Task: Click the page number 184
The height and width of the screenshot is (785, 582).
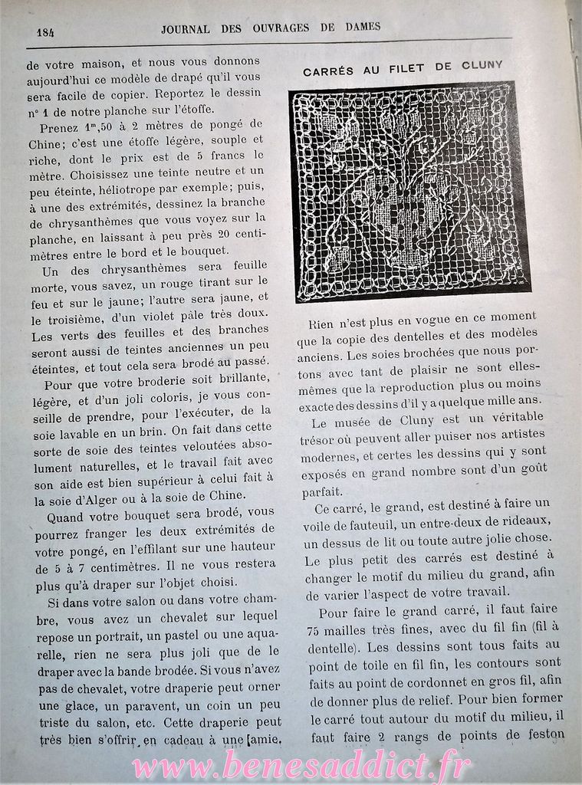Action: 44,32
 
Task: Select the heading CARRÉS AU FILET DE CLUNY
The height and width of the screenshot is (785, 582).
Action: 403,69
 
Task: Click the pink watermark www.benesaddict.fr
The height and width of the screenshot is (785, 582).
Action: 303,764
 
